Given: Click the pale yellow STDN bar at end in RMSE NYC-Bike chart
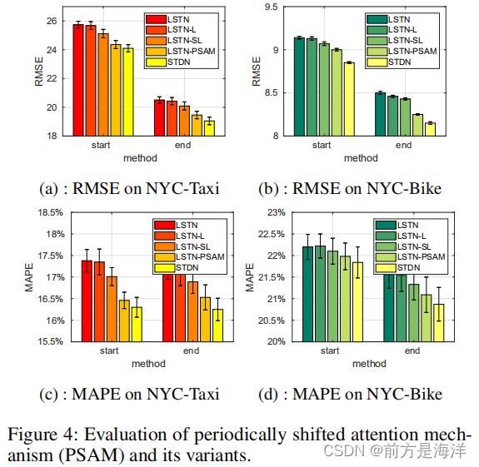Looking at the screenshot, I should click(x=430, y=129).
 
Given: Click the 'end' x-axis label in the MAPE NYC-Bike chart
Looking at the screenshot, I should click(x=413, y=350).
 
